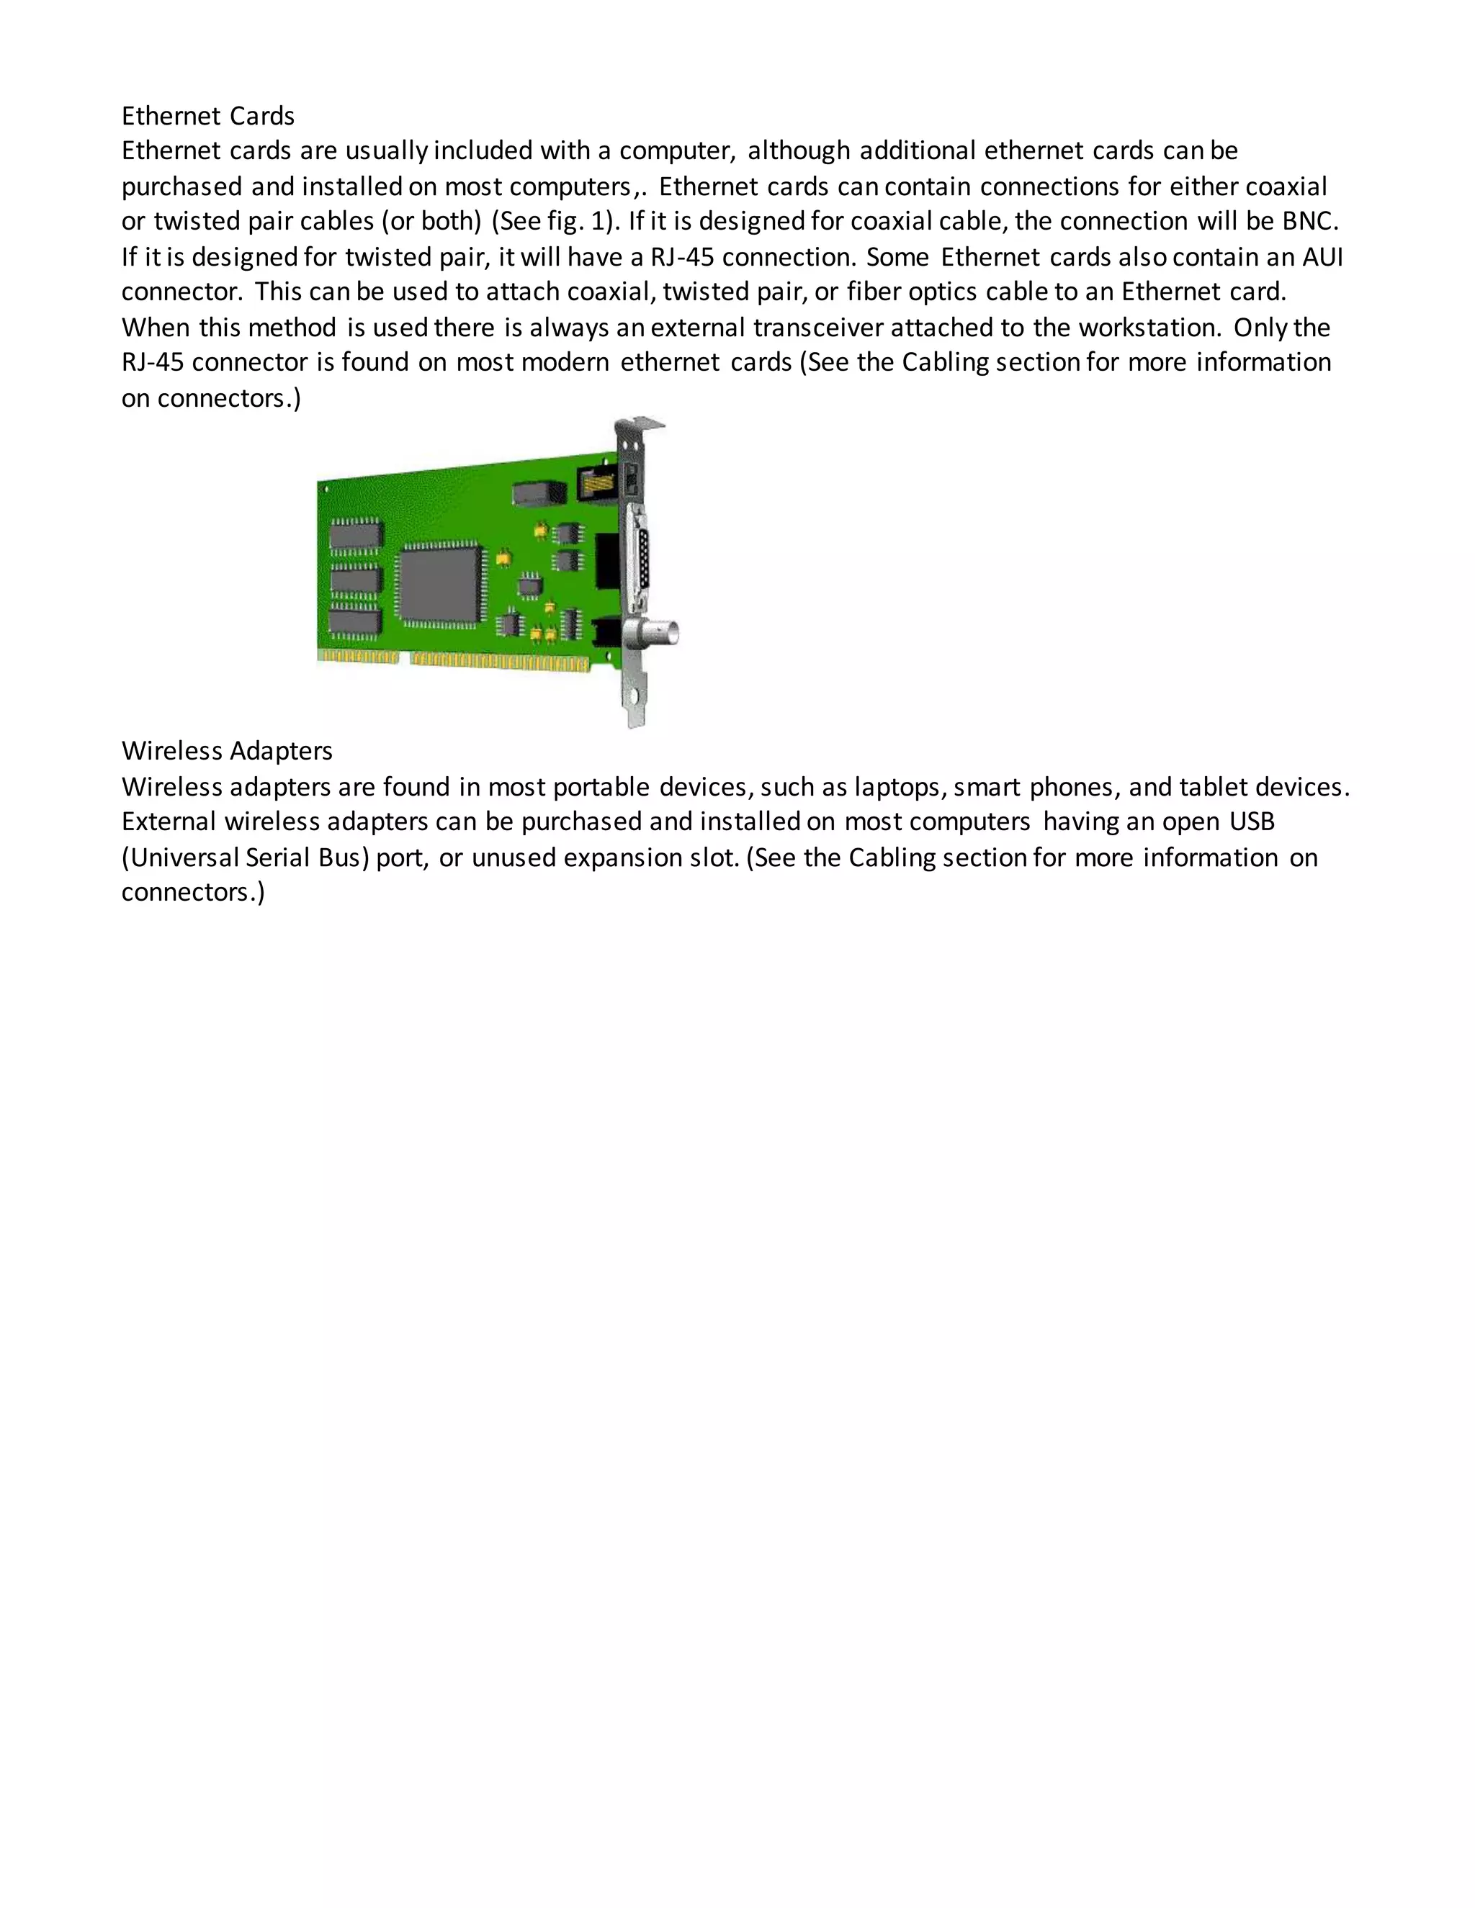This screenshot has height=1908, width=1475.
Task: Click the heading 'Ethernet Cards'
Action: click(x=208, y=116)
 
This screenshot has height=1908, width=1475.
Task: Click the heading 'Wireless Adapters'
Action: click(x=227, y=751)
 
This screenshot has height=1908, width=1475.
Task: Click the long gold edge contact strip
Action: click(x=500, y=663)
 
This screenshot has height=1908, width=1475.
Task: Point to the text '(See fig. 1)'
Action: click(x=556, y=222)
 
